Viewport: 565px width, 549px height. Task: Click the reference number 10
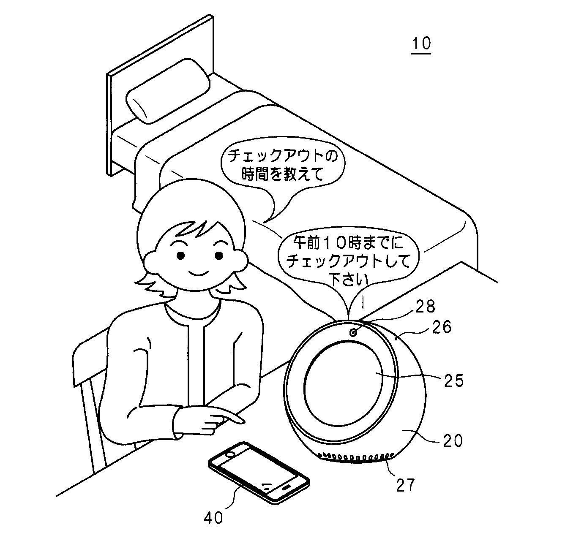pos(421,43)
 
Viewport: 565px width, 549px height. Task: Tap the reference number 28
pos(425,307)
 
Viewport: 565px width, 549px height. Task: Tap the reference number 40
pos(213,517)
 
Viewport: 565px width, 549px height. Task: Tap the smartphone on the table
pos(259,470)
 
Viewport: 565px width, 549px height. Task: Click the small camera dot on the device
pos(353,332)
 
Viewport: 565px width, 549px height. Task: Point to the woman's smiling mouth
pos(200,272)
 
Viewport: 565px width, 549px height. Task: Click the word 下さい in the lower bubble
pos(349,280)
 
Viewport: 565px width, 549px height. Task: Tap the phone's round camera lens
pos(230,454)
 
